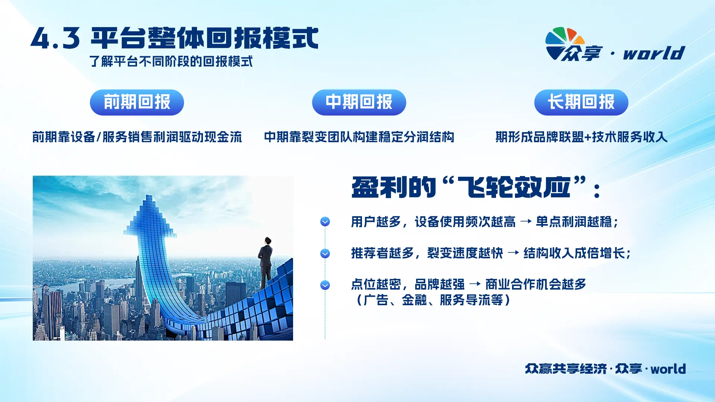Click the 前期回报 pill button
137,102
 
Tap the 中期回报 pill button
359,102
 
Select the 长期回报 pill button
581,102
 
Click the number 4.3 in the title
55,39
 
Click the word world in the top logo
654,53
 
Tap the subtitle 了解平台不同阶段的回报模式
171,61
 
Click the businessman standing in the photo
266,263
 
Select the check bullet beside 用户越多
325,222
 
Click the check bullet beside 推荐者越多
325,253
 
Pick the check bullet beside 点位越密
325,285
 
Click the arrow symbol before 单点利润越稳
526,222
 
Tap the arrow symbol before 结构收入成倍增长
513,253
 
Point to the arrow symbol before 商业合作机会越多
475,284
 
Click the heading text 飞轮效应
514,187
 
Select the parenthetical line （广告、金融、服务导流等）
433,300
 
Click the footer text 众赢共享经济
566,369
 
